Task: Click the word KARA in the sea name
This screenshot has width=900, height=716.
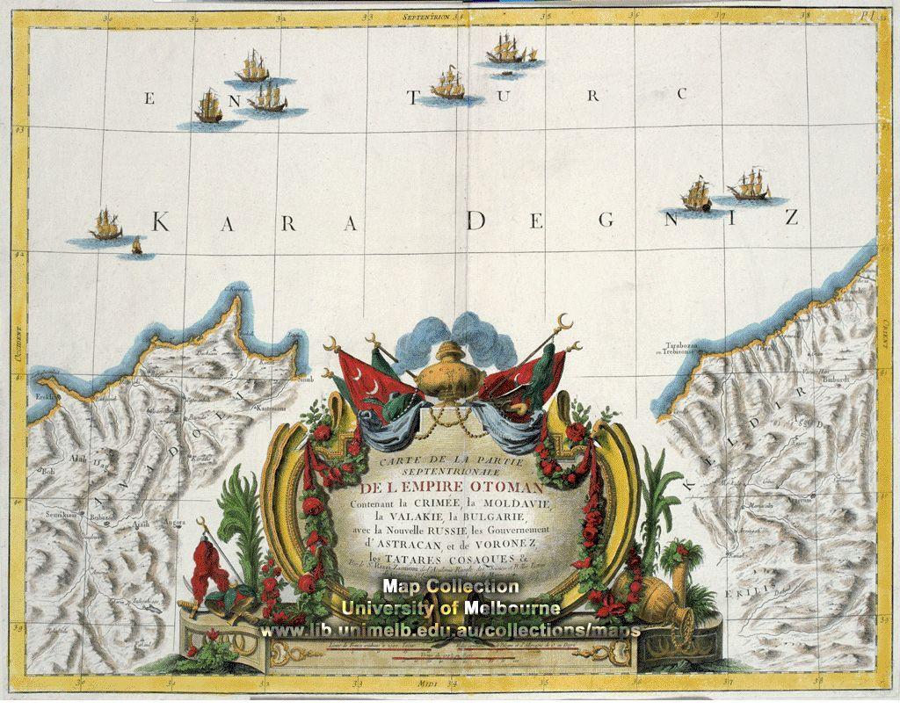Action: click(255, 223)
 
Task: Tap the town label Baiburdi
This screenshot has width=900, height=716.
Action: click(835, 380)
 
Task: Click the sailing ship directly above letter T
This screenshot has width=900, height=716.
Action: click(448, 83)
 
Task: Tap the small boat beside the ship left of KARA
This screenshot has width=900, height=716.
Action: click(136, 247)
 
